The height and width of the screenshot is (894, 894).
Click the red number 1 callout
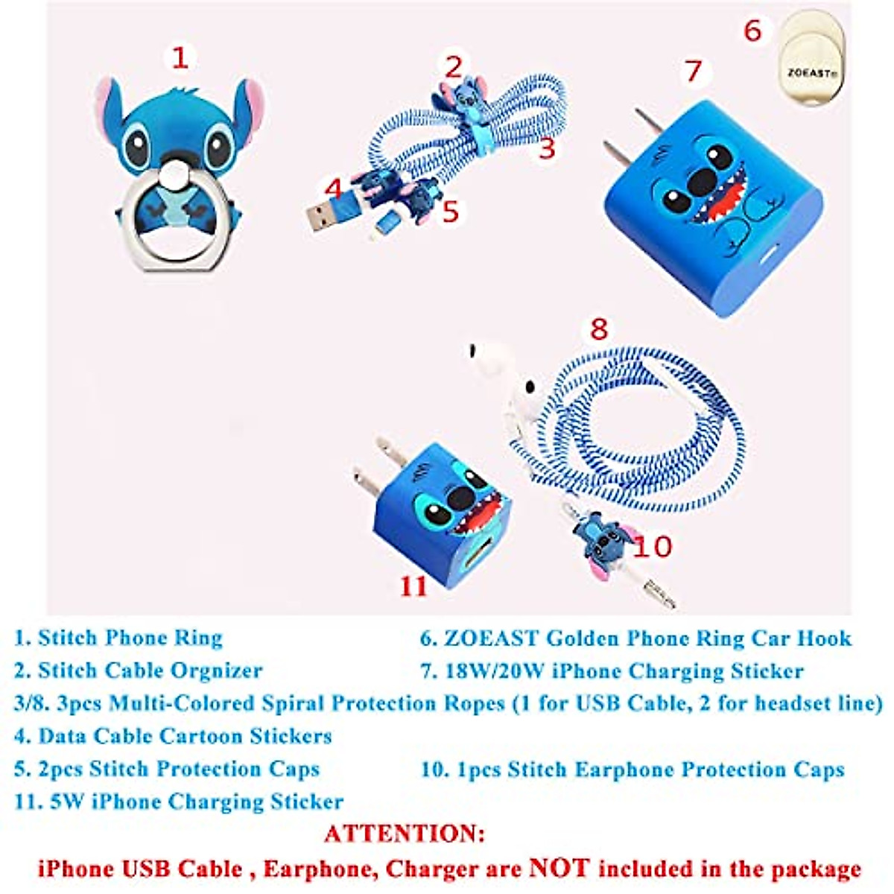click(x=180, y=57)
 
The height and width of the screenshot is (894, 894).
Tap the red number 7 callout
click(x=694, y=71)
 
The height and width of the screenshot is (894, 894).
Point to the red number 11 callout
click(x=413, y=586)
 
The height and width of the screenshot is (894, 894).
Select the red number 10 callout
click(x=652, y=547)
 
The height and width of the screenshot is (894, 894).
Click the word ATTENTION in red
click(x=405, y=833)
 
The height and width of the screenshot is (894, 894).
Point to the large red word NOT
click(x=559, y=868)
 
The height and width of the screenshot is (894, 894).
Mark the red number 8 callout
click(x=598, y=329)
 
